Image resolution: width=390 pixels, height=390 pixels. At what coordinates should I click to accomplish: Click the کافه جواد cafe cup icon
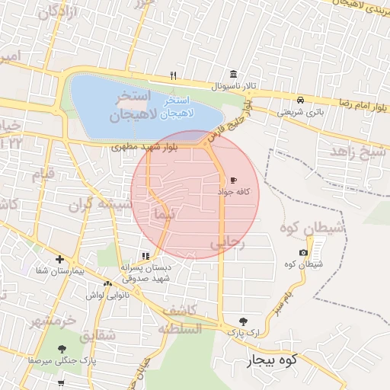tap(232, 181)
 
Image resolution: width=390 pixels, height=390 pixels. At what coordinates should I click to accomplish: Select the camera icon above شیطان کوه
tap(304, 252)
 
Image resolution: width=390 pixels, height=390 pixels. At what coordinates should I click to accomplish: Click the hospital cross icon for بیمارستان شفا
tap(59, 259)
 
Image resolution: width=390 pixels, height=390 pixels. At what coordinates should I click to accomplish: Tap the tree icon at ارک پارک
tap(243, 321)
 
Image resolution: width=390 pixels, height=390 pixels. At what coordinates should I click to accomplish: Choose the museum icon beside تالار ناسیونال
tap(232, 75)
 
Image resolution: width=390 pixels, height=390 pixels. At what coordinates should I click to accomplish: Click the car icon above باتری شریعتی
tap(301, 100)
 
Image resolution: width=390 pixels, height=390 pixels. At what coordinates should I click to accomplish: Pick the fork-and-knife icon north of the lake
tap(174, 75)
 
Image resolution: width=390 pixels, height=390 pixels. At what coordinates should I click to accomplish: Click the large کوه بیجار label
tap(265, 360)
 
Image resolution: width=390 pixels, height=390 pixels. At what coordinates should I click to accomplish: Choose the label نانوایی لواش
tap(103, 294)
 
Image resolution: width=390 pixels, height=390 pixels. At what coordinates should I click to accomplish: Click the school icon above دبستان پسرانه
tap(145, 255)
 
